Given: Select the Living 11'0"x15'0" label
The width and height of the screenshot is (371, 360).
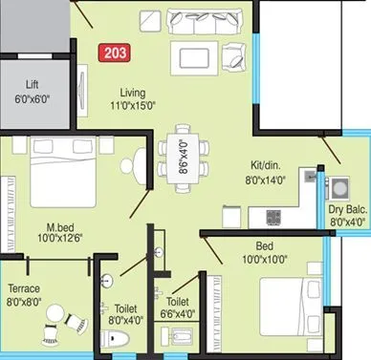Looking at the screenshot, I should (131, 98).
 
